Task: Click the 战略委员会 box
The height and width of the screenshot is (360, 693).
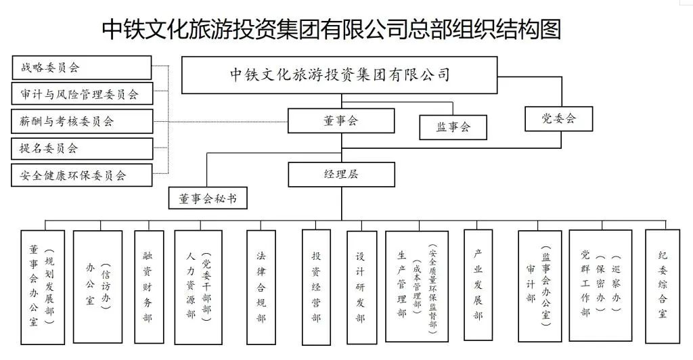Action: (82, 68)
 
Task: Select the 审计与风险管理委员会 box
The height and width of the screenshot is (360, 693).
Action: (82, 93)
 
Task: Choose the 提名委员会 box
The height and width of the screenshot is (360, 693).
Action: (82, 148)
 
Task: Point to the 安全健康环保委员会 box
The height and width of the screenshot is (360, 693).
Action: (82, 175)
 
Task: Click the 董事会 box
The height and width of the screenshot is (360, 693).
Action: (341, 120)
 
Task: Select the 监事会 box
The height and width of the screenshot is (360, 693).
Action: (453, 127)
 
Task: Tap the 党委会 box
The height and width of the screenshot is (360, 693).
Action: (558, 118)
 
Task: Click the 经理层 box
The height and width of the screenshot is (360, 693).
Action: (341, 175)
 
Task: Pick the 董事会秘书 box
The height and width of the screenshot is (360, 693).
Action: (208, 198)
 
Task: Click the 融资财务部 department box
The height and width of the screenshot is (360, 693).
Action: (149, 287)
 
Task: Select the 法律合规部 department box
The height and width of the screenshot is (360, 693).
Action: (261, 287)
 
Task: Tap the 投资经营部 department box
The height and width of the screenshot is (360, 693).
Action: (316, 287)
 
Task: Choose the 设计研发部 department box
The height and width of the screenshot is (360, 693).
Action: (361, 288)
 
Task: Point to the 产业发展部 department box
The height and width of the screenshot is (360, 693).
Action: (478, 285)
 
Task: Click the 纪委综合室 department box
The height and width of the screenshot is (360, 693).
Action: (662, 286)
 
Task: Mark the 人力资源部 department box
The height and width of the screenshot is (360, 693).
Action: (198, 287)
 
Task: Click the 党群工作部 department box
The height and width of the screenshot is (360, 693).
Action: (600, 286)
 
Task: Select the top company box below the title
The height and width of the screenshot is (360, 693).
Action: (340, 75)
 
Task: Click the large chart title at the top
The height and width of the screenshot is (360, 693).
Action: (332, 29)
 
